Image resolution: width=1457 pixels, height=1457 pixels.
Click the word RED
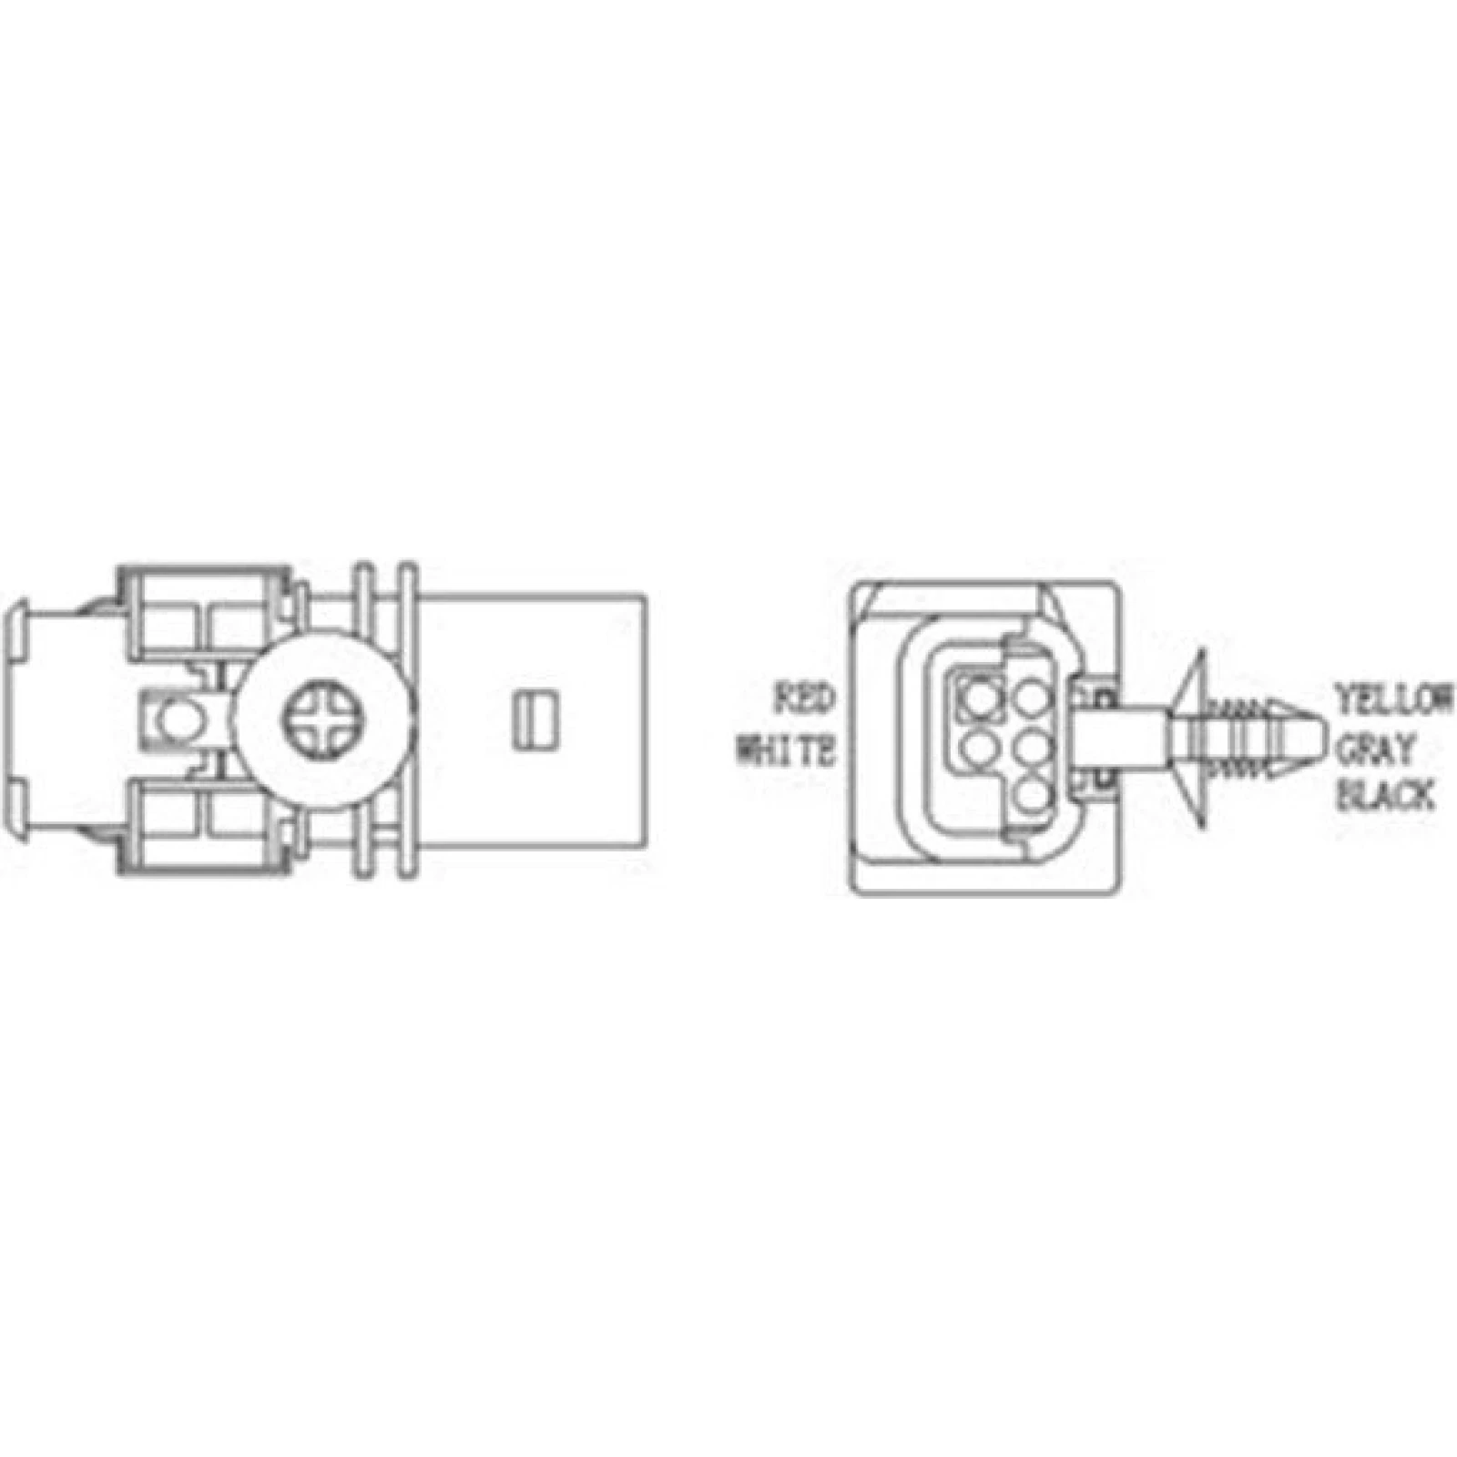click(804, 701)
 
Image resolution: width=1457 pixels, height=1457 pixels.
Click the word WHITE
click(785, 752)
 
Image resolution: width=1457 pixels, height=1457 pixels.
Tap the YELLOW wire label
click(1394, 701)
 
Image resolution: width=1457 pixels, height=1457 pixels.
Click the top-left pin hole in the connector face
click(979, 699)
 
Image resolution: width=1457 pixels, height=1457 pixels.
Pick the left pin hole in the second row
click(979, 749)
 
